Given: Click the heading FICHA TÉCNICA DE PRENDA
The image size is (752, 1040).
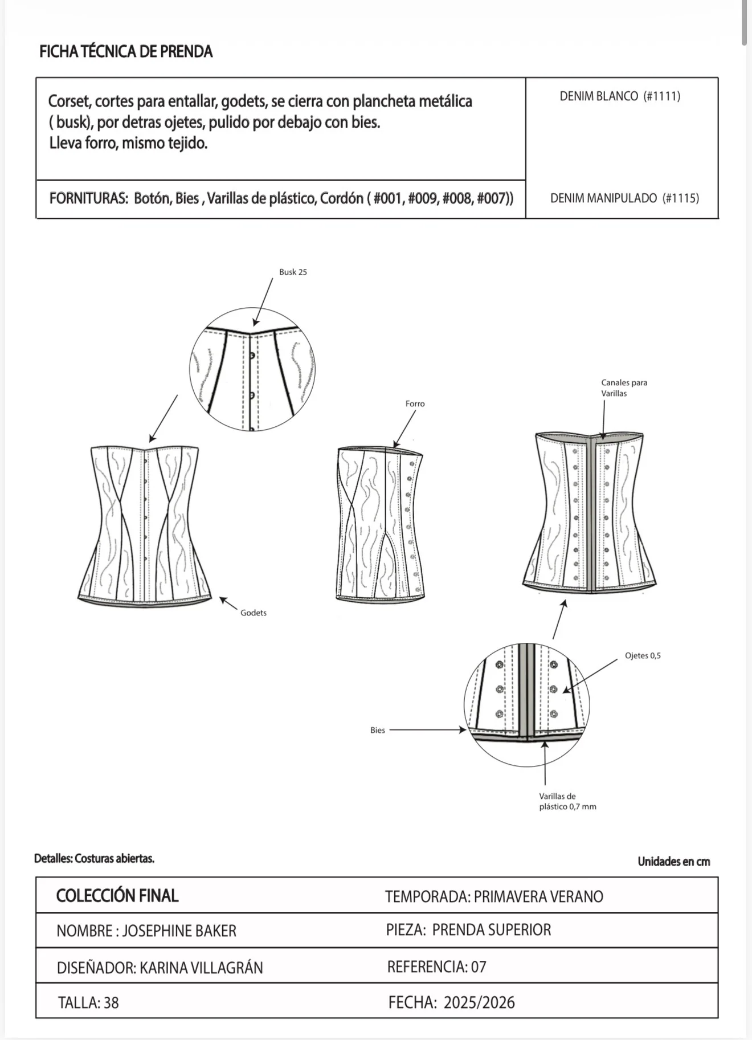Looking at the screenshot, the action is (x=126, y=52).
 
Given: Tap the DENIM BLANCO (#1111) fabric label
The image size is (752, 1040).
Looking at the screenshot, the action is (x=620, y=96).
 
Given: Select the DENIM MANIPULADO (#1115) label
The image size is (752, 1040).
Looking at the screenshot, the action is (x=624, y=198).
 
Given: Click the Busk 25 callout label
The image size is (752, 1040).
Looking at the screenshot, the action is (x=293, y=272).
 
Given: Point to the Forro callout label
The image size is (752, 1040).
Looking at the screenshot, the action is (x=415, y=403).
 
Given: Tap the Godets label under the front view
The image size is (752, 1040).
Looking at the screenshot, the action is (x=254, y=613).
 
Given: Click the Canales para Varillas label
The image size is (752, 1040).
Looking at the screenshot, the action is (x=624, y=388).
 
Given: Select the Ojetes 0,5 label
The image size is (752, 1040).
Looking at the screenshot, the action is (x=643, y=655).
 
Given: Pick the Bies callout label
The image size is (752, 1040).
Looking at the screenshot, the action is (x=378, y=730).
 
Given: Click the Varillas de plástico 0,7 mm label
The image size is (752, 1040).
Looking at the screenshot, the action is (x=567, y=801).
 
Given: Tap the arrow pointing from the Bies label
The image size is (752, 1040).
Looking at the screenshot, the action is (x=428, y=729).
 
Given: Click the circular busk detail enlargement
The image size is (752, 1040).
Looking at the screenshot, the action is (x=252, y=369).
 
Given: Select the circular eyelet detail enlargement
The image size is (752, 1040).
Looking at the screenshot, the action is (x=527, y=705).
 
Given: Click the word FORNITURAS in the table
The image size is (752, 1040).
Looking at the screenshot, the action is (x=88, y=198).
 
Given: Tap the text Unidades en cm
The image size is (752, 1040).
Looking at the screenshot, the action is (x=674, y=862).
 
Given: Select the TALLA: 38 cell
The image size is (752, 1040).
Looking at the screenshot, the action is (x=88, y=1003).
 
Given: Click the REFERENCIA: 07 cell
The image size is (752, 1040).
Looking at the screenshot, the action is (x=437, y=967).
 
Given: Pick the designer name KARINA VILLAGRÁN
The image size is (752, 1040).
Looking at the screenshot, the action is (x=201, y=968).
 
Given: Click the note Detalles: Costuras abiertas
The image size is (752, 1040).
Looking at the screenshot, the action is (x=94, y=859).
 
